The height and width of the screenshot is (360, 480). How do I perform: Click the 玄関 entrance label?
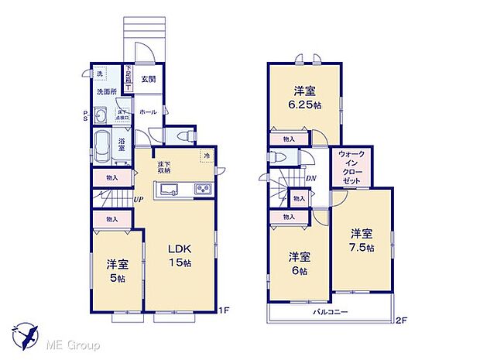[x=148, y=80]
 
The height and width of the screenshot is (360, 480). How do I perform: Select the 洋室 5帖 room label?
[x=117, y=272]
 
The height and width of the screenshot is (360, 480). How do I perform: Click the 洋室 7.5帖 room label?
[x=361, y=241]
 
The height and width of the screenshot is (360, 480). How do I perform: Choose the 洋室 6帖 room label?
[x=300, y=264]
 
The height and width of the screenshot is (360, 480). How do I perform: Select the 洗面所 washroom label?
[x=108, y=92]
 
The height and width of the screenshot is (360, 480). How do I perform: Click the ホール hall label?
[x=148, y=112]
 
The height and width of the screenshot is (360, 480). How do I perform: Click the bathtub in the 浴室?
[x=103, y=146]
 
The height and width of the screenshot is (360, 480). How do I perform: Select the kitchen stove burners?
[x=201, y=189]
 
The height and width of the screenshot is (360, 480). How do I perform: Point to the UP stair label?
[x=138, y=201]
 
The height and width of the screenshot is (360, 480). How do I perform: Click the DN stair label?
[x=310, y=180]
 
